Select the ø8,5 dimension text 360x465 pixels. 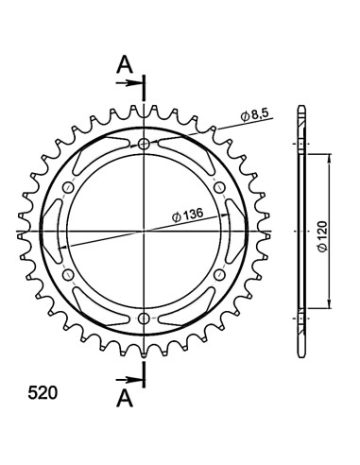(x=256, y=114)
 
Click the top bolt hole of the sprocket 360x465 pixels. (x=144, y=145)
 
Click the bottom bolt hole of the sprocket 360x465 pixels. (x=144, y=317)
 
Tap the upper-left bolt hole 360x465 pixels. (x=69, y=188)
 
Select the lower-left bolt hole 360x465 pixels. (x=69, y=274)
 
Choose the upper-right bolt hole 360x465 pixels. (x=218, y=188)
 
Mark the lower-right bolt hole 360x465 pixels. (x=218, y=274)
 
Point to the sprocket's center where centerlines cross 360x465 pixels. (x=144, y=231)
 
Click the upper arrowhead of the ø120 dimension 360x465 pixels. (x=328, y=161)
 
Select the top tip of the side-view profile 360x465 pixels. (x=301, y=105)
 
